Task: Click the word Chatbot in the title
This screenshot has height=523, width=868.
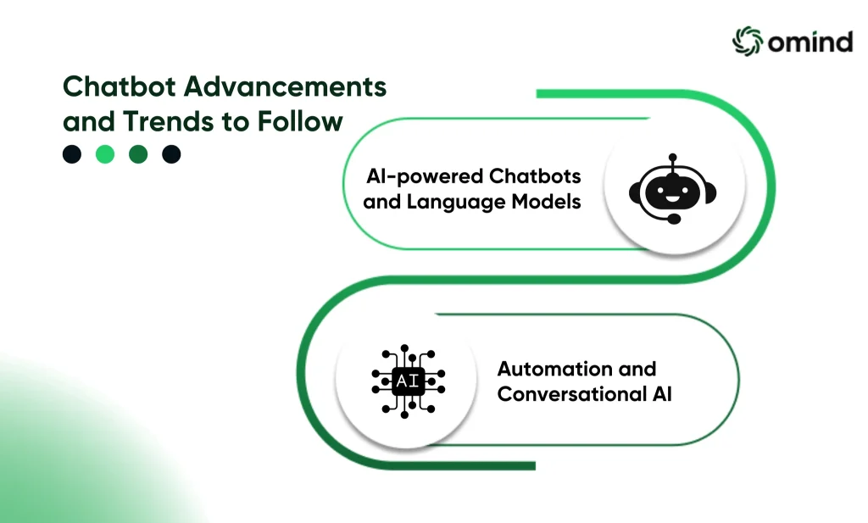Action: point(119,86)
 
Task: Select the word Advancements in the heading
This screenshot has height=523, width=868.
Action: point(285,86)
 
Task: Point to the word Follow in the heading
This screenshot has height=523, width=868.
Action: point(300,121)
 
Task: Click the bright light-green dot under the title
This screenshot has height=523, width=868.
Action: point(105,154)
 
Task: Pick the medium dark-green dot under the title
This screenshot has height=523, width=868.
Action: point(138,154)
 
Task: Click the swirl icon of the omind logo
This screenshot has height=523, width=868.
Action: point(748,41)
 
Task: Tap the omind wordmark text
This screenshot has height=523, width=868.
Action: point(810,42)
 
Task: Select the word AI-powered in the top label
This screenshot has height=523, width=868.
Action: point(424,176)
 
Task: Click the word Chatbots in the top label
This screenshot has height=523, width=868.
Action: point(535,176)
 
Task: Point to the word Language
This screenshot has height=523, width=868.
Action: point(456,202)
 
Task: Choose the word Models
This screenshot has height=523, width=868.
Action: point(546,202)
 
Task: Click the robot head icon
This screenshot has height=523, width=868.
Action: point(672,189)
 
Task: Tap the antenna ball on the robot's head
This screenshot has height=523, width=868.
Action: point(672,157)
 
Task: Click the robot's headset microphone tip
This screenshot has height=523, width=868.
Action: point(674,220)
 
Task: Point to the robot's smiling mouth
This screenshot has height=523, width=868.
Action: point(672,198)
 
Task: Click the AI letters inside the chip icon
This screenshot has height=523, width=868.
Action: point(408,381)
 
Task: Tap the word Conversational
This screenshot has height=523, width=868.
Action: point(572,394)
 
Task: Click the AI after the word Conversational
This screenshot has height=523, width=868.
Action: point(662,394)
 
